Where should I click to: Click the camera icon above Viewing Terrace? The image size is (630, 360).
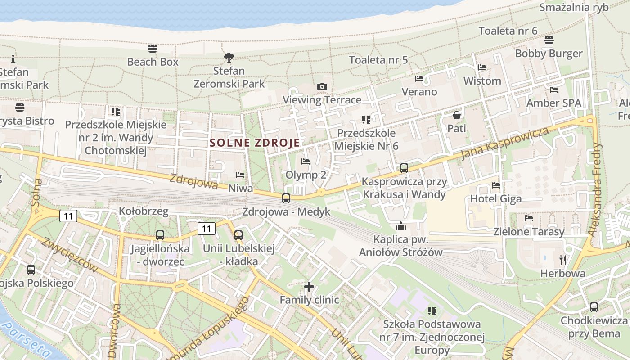pyautogui.click(x=322, y=87)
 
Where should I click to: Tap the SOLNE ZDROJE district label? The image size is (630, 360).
pyautogui.click(x=255, y=143)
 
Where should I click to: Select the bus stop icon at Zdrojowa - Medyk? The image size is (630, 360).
pyautogui.click(x=286, y=198)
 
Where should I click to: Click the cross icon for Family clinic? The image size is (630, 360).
pyautogui.click(x=309, y=286)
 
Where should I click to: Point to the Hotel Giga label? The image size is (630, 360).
pyautogui.click(x=496, y=198)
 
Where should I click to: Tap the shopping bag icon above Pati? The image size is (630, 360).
pyautogui.click(x=457, y=116)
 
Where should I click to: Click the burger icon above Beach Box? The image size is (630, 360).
pyautogui.click(x=153, y=49)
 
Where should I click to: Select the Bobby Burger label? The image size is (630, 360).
pyautogui.click(x=549, y=54)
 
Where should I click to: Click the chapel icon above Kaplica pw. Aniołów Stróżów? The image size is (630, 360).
pyautogui.click(x=400, y=226)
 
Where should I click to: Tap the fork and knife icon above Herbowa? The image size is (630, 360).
pyautogui.click(x=562, y=260)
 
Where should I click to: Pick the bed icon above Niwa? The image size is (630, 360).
pyautogui.click(x=240, y=175)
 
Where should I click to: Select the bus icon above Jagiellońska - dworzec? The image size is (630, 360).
pyautogui.click(x=160, y=235)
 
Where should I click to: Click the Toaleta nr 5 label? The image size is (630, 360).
pyautogui.click(x=378, y=60)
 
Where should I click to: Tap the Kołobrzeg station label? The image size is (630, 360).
pyautogui.click(x=144, y=211)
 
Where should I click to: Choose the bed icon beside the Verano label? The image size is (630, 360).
pyautogui.click(x=419, y=79)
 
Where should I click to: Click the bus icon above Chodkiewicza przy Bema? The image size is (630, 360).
pyautogui.click(x=594, y=307)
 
